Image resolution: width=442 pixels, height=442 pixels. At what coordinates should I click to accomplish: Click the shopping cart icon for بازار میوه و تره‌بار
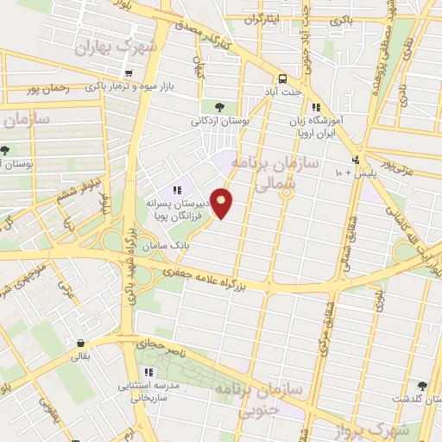pyautogui.click(x=128, y=73)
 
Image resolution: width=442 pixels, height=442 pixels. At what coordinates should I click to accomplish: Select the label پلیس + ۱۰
pyautogui.click(x=332, y=174)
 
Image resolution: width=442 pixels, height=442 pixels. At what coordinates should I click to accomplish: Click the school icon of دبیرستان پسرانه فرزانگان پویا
pyautogui.click(x=177, y=190)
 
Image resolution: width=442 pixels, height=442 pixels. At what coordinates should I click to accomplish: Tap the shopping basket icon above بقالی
pyautogui.click(x=79, y=342)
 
